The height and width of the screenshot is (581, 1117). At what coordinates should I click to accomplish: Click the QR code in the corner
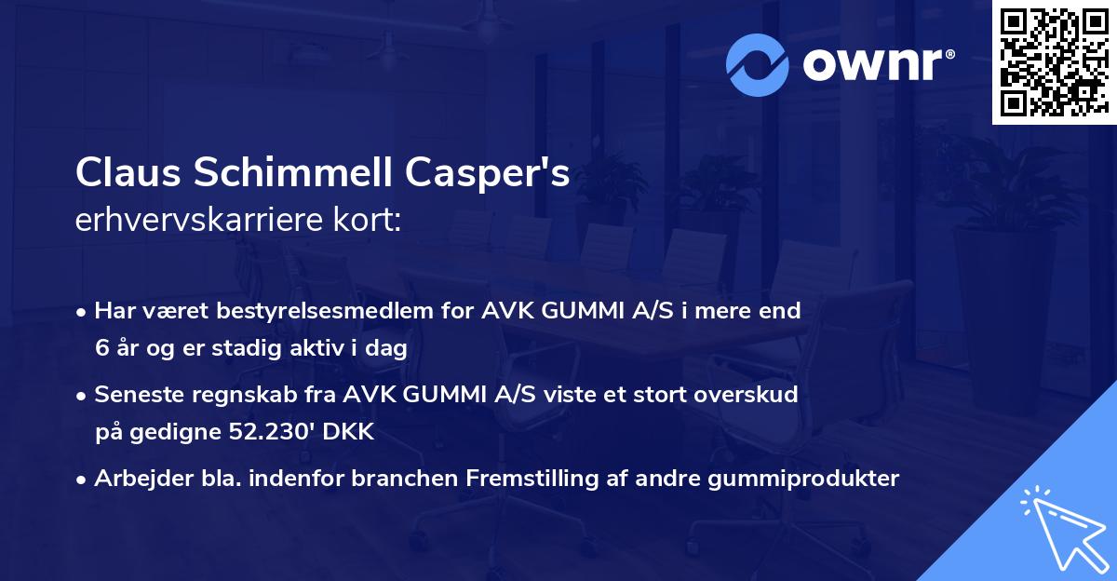click(x=1054, y=61)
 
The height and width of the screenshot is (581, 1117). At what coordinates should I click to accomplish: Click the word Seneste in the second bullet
click(x=138, y=395)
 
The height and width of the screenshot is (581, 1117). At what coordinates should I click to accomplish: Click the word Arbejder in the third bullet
click(x=141, y=479)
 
